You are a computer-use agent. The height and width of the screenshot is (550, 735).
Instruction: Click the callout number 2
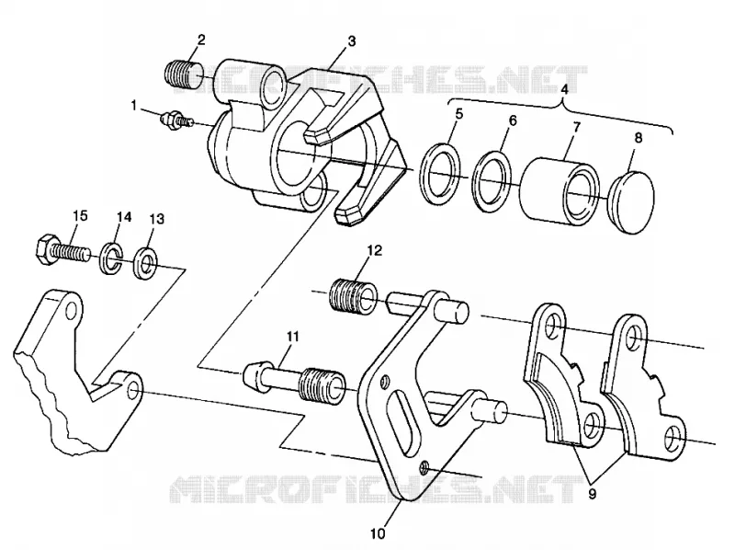201,40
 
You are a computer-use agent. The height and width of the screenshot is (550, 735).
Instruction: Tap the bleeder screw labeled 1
176,120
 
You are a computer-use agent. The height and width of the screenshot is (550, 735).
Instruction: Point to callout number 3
352,41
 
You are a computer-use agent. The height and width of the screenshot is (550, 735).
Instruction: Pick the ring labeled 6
492,180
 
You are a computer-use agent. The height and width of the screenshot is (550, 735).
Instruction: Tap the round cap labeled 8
631,201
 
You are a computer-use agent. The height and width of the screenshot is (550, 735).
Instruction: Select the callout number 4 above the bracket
564,89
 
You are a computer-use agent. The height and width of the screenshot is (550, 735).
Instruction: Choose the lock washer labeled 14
109,258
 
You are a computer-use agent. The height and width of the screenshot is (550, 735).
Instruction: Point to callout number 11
293,337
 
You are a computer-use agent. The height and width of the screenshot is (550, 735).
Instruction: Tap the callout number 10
378,533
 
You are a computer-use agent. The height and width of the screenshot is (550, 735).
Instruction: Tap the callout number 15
80,215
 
